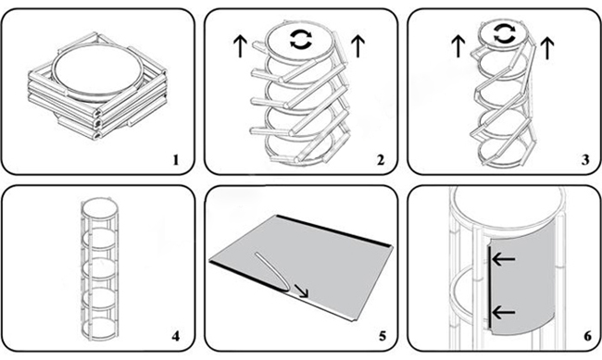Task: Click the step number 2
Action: tap(380, 159)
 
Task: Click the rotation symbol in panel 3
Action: tap(504, 35)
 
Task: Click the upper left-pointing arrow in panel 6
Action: tap(506, 261)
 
